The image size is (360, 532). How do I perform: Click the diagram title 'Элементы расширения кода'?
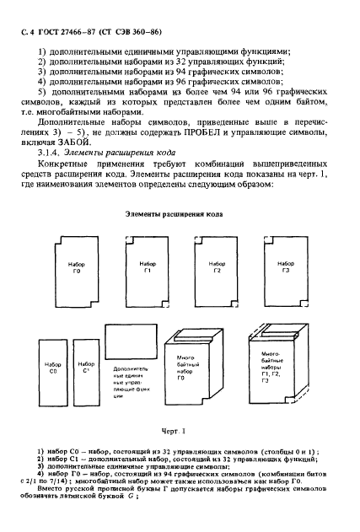180,215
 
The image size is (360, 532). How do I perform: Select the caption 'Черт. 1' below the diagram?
180,432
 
